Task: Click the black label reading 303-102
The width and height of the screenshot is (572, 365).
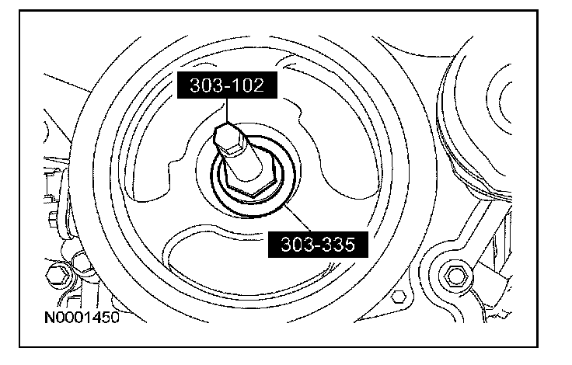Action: coord(227,85)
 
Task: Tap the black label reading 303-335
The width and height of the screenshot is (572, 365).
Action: coord(318,245)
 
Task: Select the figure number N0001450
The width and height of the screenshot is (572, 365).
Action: coord(82,317)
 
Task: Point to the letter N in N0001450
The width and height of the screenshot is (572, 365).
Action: coord(50,317)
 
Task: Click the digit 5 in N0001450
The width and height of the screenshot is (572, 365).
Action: coord(106,317)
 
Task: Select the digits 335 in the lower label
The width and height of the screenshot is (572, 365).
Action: coord(337,245)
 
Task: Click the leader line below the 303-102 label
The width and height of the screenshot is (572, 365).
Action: coord(227,110)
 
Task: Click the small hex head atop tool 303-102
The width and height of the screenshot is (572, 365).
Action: coord(228,137)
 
